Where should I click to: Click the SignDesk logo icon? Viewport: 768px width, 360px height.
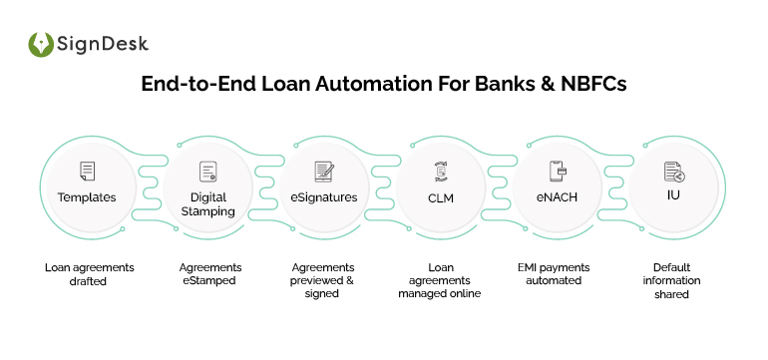tap(41, 45)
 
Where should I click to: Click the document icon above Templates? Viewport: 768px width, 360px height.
tap(87, 172)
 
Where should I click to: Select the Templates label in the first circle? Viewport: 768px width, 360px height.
tap(87, 196)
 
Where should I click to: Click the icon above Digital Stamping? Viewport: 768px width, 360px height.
tap(207, 171)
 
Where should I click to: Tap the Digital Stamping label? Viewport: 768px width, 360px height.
tap(207, 203)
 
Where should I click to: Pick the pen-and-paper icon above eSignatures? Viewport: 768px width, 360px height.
tap(323, 172)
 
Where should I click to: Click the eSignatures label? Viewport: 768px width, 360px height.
tap(323, 197)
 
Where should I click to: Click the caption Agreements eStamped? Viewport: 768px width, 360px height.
tap(207, 274)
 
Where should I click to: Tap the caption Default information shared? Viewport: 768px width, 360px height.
tap(674, 281)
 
